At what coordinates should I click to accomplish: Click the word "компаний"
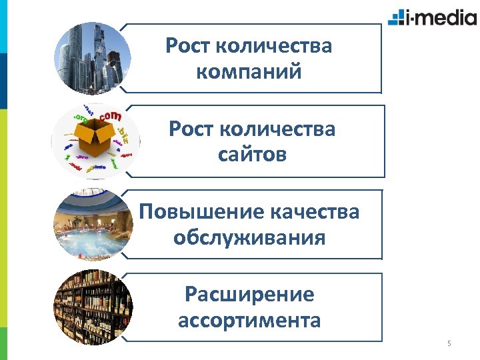pos(249,71)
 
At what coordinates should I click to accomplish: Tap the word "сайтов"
pos(252,155)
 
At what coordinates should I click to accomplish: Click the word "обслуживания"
pos(249,237)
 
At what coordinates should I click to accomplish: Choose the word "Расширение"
pos(249,294)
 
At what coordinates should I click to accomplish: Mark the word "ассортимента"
pos(249,320)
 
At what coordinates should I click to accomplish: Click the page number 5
pos(449,344)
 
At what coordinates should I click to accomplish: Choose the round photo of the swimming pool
pos(91,227)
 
